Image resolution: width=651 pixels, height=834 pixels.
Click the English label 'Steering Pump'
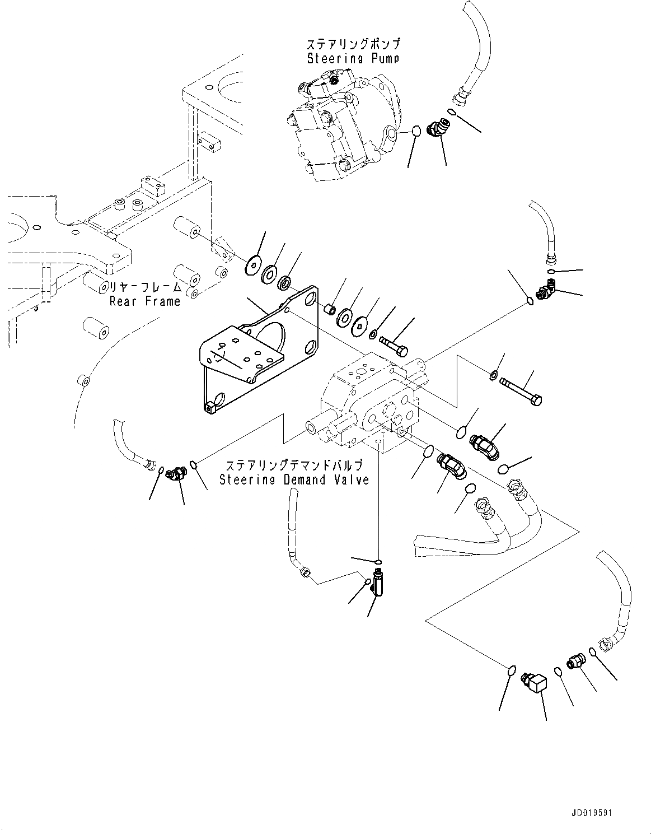pos(354,58)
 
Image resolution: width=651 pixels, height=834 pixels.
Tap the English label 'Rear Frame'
pos(145,301)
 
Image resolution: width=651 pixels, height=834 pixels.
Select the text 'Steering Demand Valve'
pos(294,479)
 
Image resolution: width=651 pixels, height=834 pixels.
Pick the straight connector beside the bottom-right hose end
pos(574,661)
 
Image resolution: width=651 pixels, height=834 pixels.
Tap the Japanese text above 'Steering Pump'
pos(354,44)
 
